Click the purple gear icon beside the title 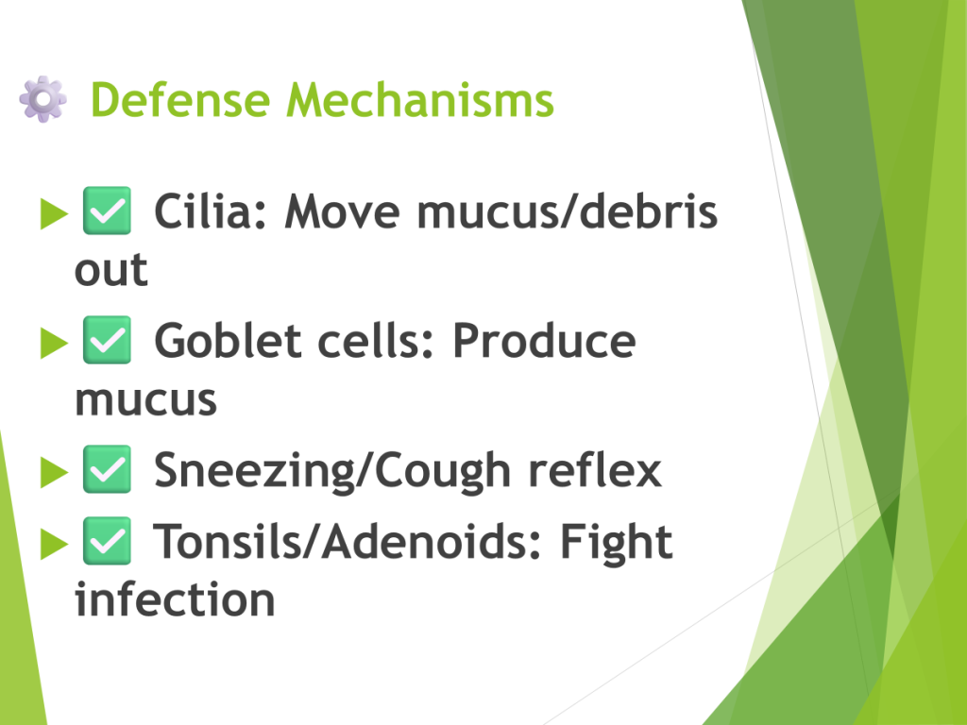[x=42, y=99]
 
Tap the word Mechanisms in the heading [x=420, y=100]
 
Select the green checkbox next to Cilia [x=108, y=211]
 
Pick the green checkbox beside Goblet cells [x=108, y=340]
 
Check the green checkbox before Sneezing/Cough [x=108, y=469]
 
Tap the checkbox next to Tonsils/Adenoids [x=108, y=541]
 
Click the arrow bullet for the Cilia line [x=54, y=213]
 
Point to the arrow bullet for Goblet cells [x=54, y=343]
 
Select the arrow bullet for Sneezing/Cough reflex [x=54, y=472]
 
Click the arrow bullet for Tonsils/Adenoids [x=54, y=544]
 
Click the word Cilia [x=211, y=211]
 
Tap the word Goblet [x=228, y=340]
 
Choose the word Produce [x=544, y=340]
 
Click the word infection [x=175, y=599]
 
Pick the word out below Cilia [x=111, y=269]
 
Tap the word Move [x=342, y=211]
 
